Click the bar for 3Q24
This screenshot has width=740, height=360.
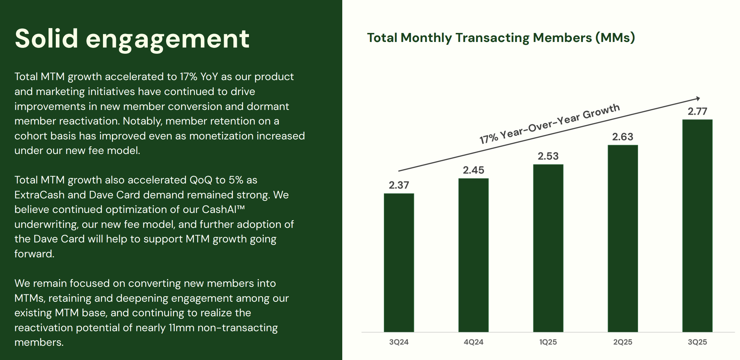pyautogui.click(x=399, y=263)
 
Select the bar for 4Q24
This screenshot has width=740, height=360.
pyautogui.click(x=473, y=255)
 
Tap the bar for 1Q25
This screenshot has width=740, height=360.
pyautogui.click(x=548, y=248)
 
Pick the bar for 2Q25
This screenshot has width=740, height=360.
pyautogui.click(x=622, y=238)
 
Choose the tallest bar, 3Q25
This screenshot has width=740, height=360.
pyautogui.click(x=697, y=225)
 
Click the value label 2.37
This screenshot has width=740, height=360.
pyautogui.click(x=399, y=185)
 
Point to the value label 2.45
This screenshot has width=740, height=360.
pyautogui.click(x=473, y=170)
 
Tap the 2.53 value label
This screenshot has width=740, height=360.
pyautogui.click(x=548, y=156)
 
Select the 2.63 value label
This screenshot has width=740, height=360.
pyautogui.click(x=622, y=137)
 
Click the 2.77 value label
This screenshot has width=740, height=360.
pyautogui.click(x=697, y=111)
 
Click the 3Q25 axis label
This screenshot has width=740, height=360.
pyautogui.click(x=697, y=342)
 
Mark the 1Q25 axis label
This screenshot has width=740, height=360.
pyautogui.click(x=548, y=342)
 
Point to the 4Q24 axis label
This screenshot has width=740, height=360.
pyautogui.click(x=473, y=342)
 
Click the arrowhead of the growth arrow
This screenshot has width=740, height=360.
pyautogui.click(x=698, y=99)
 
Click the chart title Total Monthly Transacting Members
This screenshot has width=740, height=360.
pyautogui.click(x=501, y=38)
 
